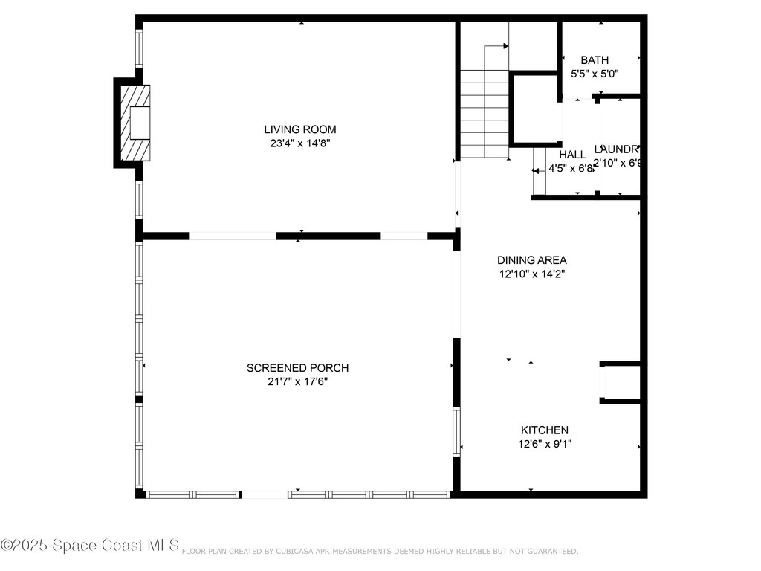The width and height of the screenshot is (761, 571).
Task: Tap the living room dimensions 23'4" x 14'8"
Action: pyautogui.click(x=300, y=143)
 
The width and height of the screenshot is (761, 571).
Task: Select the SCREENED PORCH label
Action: pyautogui.click(x=297, y=368)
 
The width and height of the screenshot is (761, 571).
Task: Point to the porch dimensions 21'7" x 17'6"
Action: pyautogui.click(x=297, y=382)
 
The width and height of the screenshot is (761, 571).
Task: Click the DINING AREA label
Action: pyautogui.click(x=531, y=260)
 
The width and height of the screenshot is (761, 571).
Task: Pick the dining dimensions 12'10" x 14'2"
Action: pyautogui.click(x=531, y=274)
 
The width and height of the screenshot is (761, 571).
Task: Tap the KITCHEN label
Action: pyautogui.click(x=544, y=430)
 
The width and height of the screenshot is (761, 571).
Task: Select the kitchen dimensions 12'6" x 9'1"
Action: pyautogui.click(x=544, y=444)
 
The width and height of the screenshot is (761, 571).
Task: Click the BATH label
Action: pyautogui.click(x=595, y=60)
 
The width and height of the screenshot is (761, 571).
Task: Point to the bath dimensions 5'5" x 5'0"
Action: pyautogui.click(x=595, y=74)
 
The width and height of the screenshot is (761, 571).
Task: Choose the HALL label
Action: pyautogui.click(x=572, y=155)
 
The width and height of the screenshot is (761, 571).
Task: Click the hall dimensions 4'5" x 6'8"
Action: pyautogui.click(x=571, y=169)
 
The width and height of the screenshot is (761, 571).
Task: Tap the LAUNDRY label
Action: pyautogui.click(x=617, y=149)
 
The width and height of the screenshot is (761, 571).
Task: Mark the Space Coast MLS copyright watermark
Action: pyautogui.click(x=90, y=546)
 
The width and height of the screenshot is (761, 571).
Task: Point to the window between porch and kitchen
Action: pyautogui.click(x=458, y=431)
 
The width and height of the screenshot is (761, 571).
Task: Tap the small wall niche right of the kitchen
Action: pyautogui.click(x=621, y=383)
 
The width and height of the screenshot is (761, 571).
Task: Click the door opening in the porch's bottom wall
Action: pyautogui.click(x=265, y=494)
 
